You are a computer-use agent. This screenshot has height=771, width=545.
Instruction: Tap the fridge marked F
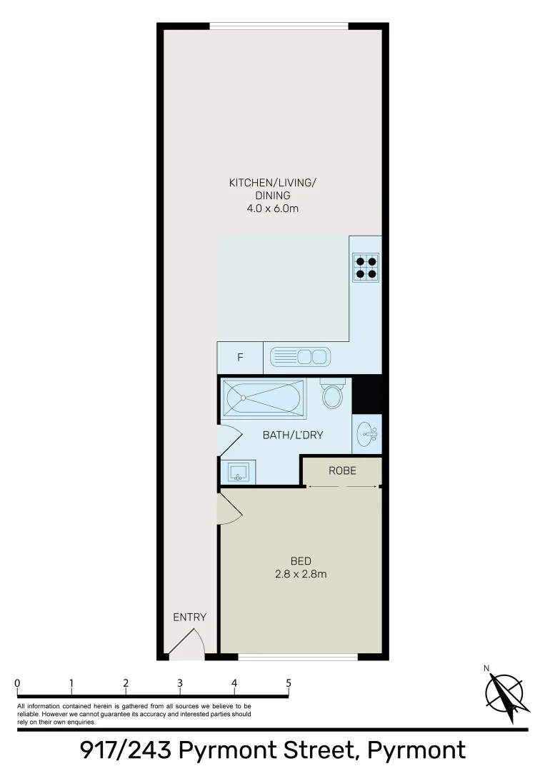point(239,358)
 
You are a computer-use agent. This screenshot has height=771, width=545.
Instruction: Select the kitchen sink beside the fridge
point(300,356)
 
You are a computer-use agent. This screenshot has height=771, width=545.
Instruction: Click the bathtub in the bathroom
point(264,398)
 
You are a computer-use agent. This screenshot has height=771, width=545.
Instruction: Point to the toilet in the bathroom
point(331,394)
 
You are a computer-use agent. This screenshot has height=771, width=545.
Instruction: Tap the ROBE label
point(342,470)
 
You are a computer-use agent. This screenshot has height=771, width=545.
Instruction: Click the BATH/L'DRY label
point(284,434)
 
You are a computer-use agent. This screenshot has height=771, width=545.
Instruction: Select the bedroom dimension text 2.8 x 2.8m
point(301,573)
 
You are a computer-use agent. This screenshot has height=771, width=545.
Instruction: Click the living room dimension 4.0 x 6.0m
point(271,208)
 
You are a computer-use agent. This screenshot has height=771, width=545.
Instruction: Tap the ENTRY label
point(189,617)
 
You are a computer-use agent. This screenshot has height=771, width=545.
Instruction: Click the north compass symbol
point(507,692)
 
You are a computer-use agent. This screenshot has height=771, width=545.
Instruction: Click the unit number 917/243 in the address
point(125,750)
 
